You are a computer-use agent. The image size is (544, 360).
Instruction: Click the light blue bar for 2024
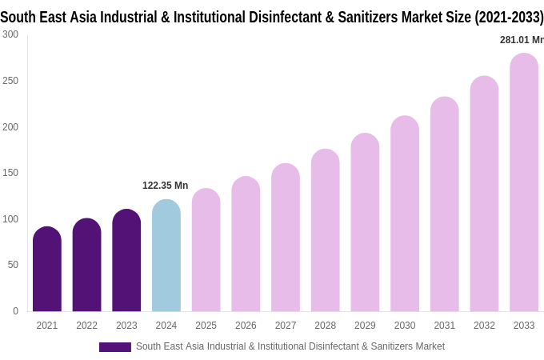pyautogui.click(x=166, y=256)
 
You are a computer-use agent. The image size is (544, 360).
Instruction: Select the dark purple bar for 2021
pyautogui.click(x=47, y=270)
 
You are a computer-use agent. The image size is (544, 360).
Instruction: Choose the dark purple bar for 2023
pyautogui.click(x=126, y=261)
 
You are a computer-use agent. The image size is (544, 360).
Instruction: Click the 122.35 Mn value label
pyautogui.click(x=166, y=186)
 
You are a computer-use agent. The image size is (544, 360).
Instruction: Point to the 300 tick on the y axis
pyautogui.click(x=10, y=34)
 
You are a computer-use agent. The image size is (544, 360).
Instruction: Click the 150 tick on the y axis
pyautogui.click(x=10, y=173)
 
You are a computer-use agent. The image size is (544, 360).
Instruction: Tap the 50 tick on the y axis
pyautogui.click(x=13, y=265)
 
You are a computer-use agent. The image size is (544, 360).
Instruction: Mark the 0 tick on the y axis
pyautogui.click(x=15, y=311)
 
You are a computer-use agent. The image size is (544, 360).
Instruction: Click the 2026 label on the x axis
pyautogui.click(x=246, y=326)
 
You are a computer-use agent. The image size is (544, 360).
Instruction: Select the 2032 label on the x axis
pyautogui.click(x=484, y=326)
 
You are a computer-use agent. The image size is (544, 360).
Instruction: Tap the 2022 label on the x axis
pyautogui.click(x=86, y=326)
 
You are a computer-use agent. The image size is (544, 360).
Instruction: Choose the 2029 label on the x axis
pyautogui.click(x=365, y=326)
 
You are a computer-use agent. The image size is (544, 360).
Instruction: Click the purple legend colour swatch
pyautogui.click(x=114, y=347)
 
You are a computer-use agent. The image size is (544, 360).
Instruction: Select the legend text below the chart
pyautogui.click(x=290, y=346)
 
